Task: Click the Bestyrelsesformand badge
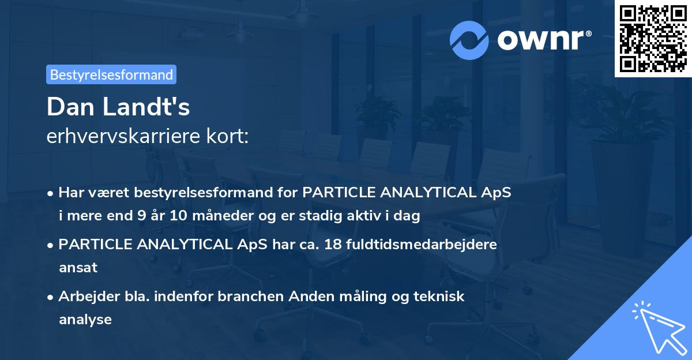(111, 74)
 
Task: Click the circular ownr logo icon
(469, 39)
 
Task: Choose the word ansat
(78, 268)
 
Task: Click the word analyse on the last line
(85, 319)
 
